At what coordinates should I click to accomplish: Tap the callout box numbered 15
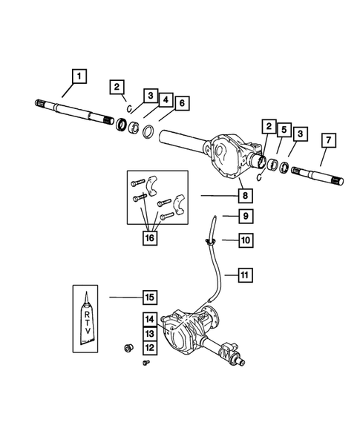pos(149,297)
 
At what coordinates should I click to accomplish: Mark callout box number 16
pos(149,237)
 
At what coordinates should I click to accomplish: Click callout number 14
pos(149,320)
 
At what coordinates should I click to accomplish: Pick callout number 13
pos(149,333)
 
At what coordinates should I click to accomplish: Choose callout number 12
pos(149,346)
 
